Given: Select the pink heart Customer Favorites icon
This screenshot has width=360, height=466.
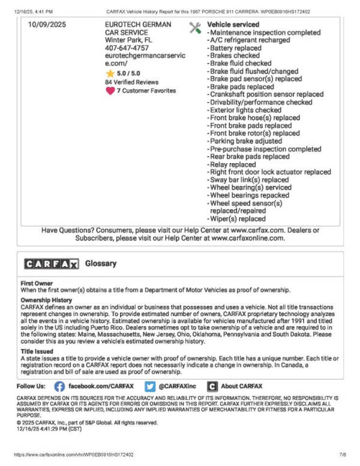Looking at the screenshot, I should coord(110,91).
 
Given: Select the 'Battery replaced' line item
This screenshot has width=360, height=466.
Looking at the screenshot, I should coord(236,48).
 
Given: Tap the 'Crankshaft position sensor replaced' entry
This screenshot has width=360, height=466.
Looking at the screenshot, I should coord(267,95).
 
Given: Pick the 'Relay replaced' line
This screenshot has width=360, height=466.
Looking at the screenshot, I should coord(233,164).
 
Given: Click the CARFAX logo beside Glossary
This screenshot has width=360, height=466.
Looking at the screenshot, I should coord(52,264).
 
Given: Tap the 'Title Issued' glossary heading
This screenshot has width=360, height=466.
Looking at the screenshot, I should coord(39,351).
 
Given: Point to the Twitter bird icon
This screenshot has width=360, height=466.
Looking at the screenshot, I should coord(150,387).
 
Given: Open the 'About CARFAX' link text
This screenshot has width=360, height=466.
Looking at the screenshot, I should coord(241,386).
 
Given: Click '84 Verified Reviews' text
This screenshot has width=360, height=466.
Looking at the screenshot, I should coord(131,82).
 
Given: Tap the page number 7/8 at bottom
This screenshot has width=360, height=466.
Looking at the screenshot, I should coord(343,455).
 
